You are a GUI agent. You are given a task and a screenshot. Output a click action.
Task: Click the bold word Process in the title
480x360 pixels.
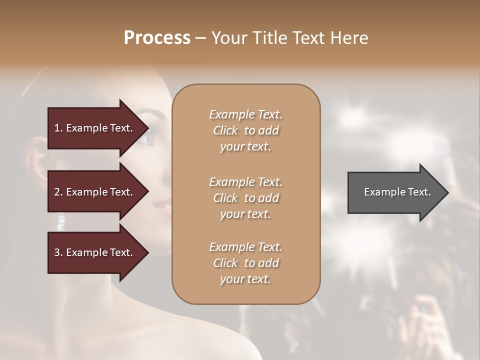pos(157,38)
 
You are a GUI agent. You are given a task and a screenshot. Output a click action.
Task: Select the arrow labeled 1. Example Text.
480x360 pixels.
pos(95,128)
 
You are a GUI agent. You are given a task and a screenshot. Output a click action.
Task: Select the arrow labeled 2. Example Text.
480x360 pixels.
pos(95,192)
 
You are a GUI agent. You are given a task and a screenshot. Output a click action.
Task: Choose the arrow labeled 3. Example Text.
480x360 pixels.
pos(95,252)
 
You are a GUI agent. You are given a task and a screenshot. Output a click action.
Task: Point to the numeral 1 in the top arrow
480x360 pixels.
pos(56,128)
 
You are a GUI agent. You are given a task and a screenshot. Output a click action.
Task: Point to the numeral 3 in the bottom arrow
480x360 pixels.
pos(56,252)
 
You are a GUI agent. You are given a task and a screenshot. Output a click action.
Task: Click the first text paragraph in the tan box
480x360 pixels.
pos(245,130)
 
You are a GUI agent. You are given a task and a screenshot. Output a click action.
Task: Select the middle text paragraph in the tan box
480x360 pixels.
pos(245,197)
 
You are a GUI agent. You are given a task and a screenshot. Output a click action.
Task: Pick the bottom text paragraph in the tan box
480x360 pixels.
pos(245,263)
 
